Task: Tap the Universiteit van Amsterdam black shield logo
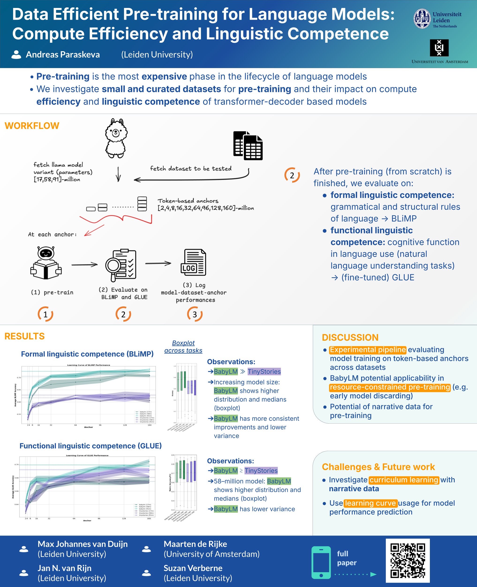click(439, 48)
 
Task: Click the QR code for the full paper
click(408, 560)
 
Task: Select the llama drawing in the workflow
click(116, 138)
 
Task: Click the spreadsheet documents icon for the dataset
click(248, 146)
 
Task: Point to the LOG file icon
click(193, 263)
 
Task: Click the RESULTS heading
click(24, 336)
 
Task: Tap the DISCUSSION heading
click(350, 337)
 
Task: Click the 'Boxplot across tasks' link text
click(183, 347)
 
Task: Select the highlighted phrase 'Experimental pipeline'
click(368, 350)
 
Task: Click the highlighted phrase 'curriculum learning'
click(404, 480)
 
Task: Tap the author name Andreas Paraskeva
click(63, 54)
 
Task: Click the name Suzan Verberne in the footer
click(193, 568)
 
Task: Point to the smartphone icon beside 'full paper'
click(321, 563)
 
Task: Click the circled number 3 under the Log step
click(195, 314)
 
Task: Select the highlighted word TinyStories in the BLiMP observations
click(264, 372)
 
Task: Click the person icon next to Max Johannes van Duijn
click(24, 549)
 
